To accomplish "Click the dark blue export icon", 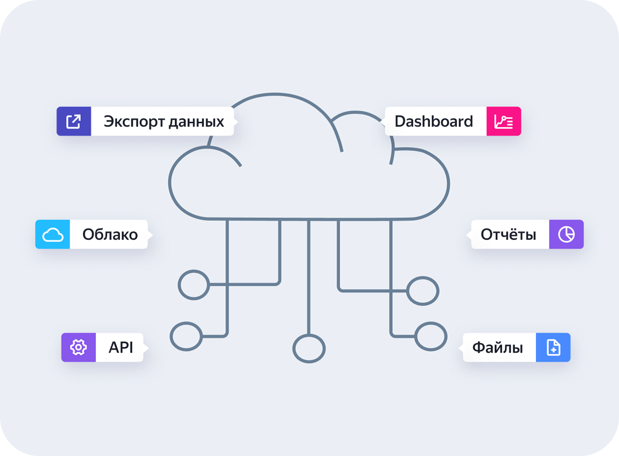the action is point(73,121).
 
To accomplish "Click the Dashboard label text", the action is point(434,121).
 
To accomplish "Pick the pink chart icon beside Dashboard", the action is point(504,121).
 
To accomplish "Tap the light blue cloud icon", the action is point(53,235).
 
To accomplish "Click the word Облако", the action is point(110,235).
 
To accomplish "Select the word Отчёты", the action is point(508,235).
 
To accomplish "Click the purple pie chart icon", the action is point(566,235).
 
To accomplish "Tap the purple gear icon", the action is point(78,347).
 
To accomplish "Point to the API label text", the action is point(121,348).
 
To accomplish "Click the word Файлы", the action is point(497,348).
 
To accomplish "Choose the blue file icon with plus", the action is point(553,348).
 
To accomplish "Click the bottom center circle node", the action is point(309,348).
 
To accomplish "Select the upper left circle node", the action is point(194,285).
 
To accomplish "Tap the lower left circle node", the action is point(186,336).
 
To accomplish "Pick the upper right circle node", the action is point(423,291).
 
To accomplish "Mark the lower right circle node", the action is point(431,336).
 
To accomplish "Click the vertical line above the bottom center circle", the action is point(309,278).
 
